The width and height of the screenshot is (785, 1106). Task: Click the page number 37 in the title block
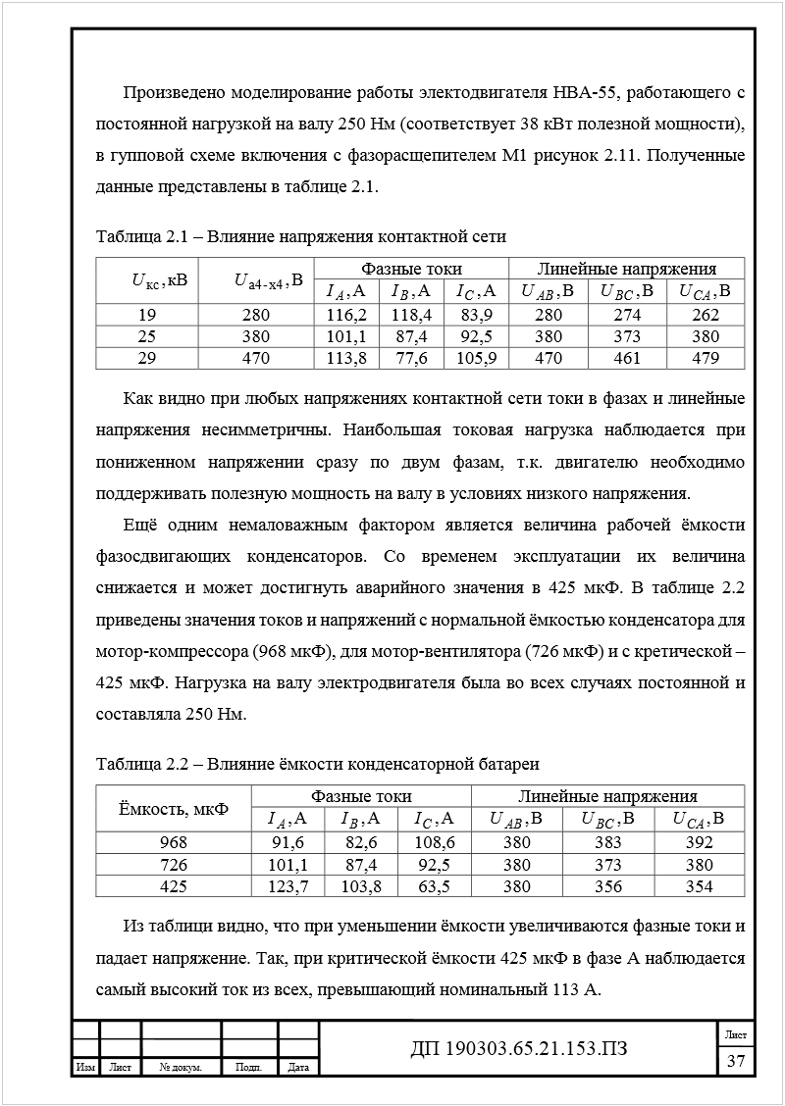(735, 1060)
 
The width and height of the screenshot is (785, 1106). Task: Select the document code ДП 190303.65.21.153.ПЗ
(519, 1049)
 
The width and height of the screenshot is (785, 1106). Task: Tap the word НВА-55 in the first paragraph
(584, 94)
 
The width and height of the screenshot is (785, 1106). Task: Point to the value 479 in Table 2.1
(706, 358)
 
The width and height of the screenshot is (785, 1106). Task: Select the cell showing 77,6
(412, 358)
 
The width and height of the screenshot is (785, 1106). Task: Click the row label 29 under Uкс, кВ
(146, 358)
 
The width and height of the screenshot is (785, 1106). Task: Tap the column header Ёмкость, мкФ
(174, 809)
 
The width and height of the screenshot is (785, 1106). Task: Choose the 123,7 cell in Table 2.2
(288, 886)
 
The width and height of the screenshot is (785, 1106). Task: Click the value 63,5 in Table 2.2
(433, 886)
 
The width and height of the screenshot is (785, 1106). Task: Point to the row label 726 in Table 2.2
(174, 865)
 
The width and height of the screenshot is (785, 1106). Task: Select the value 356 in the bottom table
(608, 886)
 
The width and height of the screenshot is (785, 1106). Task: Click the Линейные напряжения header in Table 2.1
(626, 269)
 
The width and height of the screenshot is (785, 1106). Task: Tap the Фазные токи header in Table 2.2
(361, 796)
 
